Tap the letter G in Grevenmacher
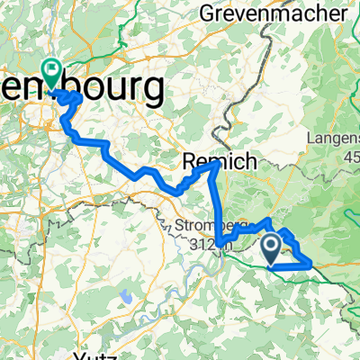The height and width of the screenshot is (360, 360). pyautogui.click(x=209, y=13)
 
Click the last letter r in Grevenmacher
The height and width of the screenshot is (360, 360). pyautogui.click(x=343, y=13)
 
